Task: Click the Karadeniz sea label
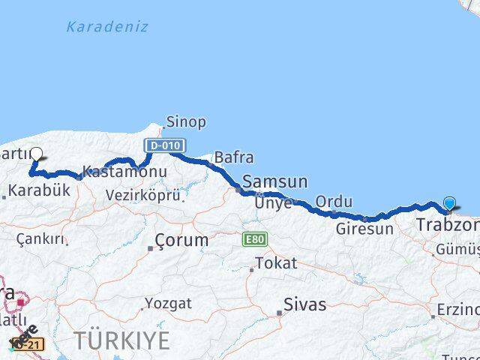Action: (106, 27)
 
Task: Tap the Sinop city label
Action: (186, 121)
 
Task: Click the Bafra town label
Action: (233, 157)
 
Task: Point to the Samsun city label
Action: (275, 181)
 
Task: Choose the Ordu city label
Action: (334, 202)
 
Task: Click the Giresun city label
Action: (364, 229)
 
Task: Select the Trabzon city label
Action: (448, 225)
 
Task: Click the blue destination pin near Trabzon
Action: (449, 203)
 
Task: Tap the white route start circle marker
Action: (35, 155)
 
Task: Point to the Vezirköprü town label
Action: (143, 195)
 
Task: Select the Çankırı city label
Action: (40, 238)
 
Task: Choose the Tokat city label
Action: (276, 263)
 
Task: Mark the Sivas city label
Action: (304, 304)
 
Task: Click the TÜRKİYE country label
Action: (121, 340)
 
